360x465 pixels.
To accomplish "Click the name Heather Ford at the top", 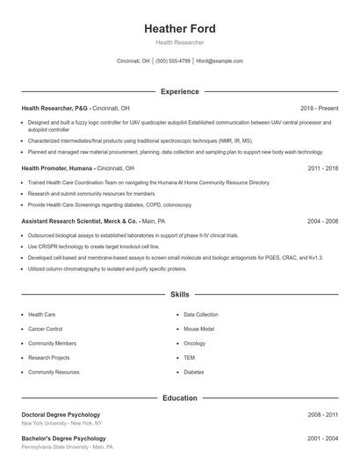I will [179, 29].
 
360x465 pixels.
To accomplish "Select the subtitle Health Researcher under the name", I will [179, 42].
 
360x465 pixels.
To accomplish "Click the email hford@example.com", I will [220, 61].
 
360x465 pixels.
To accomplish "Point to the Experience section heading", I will [179, 91].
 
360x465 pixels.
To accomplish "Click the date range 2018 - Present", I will [319, 108].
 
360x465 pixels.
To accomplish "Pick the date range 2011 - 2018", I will [322, 168].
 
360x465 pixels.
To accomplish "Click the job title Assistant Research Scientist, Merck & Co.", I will [79, 221].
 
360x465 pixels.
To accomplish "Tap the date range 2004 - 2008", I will [322, 221].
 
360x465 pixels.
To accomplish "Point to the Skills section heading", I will [179, 294].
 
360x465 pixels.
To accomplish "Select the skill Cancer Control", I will [45, 329].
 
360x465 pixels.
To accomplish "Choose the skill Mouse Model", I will [199, 329].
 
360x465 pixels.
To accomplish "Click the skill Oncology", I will [194, 343].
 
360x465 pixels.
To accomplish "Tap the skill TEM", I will [189, 358].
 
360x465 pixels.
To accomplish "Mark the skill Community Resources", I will [54, 372].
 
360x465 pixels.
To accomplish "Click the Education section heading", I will [179, 398].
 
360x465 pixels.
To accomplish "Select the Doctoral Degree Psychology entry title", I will [61, 414].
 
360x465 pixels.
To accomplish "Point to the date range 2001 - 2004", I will [322, 437].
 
